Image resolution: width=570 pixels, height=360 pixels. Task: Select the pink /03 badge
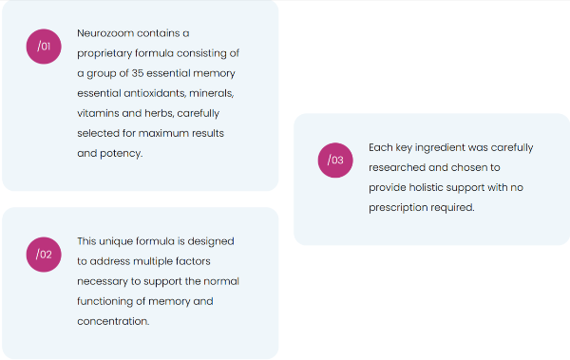(335, 161)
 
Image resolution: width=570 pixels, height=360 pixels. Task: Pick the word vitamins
(99, 112)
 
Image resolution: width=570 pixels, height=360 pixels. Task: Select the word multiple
(162, 261)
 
